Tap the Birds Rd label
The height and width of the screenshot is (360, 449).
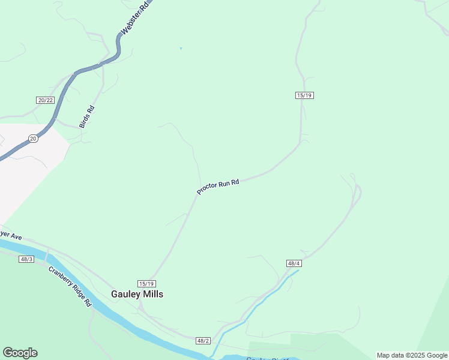[x=87, y=117]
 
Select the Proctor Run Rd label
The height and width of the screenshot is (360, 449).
[x=218, y=187]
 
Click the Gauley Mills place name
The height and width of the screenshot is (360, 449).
[x=137, y=294]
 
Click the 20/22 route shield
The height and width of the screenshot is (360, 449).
[x=46, y=100]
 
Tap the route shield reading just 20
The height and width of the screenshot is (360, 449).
[x=33, y=139]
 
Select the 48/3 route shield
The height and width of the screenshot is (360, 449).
[x=26, y=259]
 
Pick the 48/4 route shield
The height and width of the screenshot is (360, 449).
[x=294, y=263]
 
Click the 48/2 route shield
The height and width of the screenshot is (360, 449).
[x=203, y=341]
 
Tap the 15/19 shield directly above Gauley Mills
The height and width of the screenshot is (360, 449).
[x=147, y=284]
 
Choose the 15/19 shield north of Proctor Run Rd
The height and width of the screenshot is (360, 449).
[x=305, y=95]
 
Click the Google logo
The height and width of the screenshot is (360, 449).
[x=20, y=353]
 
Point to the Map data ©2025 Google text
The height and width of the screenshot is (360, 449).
[x=412, y=355]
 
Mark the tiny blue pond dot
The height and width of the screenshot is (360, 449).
[x=181, y=48]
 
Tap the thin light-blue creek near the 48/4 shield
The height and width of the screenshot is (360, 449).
[x=264, y=299]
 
